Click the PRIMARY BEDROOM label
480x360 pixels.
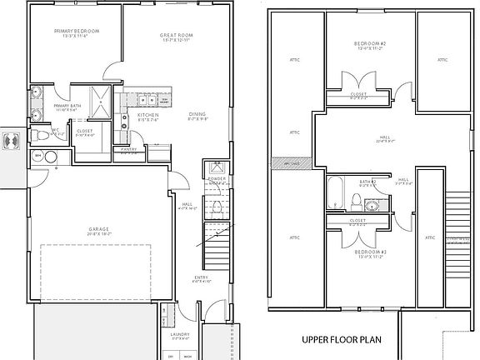(77, 31)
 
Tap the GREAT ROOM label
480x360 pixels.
(177, 36)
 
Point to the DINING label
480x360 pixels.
(197, 115)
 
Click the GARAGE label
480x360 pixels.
(100, 229)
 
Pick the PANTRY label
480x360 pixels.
(128, 149)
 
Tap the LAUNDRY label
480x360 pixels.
(181, 335)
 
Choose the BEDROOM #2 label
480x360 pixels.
(370, 43)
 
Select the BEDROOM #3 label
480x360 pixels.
(370, 252)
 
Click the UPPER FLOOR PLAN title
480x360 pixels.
(341, 340)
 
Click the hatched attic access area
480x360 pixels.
(292, 163)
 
